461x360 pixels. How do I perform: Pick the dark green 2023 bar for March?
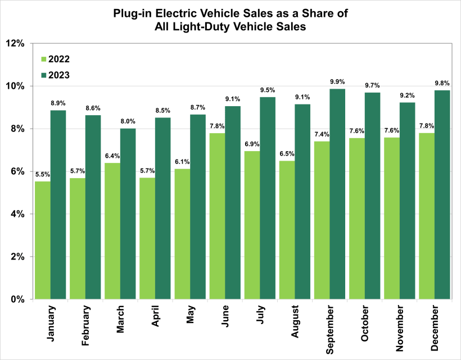(x=128, y=214)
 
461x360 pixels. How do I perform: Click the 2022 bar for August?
(x=287, y=230)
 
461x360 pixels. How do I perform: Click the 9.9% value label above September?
(x=337, y=81)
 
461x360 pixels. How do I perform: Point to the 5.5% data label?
(x=43, y=174)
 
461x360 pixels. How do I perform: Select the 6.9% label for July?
(x=252, y=144)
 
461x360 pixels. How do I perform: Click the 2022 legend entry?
(x=55, y=58)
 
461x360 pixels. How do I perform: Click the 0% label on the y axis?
(x=18, y=299)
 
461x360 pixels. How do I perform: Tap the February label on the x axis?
(x=85, y=327)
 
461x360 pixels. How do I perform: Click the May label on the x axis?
(x=189, y=318)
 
